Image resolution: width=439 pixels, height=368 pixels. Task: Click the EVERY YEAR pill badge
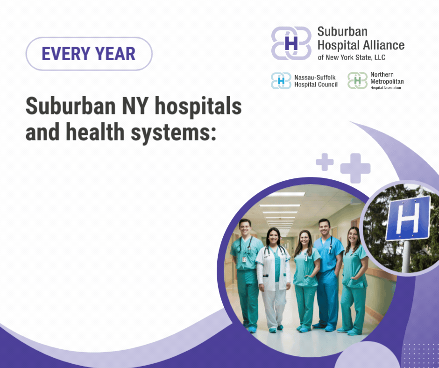89,54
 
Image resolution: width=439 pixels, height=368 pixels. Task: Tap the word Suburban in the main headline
71,106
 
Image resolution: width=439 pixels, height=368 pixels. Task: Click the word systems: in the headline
174,133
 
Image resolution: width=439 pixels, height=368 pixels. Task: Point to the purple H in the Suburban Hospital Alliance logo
291,43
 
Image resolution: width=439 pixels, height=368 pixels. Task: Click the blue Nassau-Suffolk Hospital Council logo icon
281,81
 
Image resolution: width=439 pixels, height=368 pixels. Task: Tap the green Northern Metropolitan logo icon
358,81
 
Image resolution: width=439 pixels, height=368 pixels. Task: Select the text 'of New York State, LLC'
352,57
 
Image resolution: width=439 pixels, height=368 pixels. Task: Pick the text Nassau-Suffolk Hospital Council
316,81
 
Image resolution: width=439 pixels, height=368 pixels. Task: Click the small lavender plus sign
325,162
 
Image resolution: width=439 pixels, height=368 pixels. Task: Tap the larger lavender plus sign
355,168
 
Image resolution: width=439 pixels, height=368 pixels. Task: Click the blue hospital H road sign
408,218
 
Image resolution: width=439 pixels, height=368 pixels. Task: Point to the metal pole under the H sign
406,256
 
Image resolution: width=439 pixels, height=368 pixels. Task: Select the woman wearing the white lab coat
273,279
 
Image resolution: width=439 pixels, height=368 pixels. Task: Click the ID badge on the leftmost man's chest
244,259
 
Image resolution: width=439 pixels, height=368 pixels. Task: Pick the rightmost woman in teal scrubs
354,281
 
